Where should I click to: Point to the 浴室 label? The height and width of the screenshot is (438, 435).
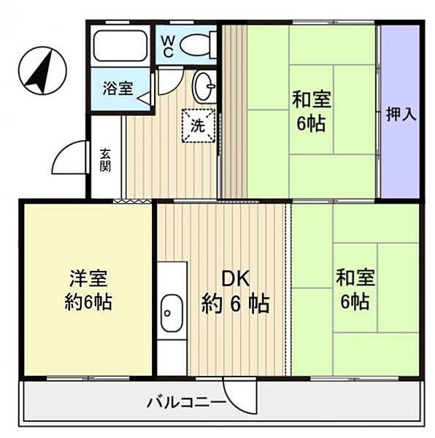117,89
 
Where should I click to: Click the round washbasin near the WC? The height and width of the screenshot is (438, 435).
204,87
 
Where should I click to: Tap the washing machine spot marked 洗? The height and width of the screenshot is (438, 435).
199,124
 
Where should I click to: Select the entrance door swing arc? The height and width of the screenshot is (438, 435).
69,155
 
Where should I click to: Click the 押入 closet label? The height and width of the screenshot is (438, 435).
400,115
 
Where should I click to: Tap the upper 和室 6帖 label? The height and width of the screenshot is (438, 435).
311,109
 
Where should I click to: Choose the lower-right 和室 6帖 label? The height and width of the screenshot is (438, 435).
355,289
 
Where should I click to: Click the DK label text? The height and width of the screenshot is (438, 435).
236,278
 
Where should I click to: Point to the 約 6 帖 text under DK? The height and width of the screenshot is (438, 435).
235,302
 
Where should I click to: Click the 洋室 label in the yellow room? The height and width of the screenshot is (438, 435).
88,278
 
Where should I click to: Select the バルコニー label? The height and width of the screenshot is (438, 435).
185,401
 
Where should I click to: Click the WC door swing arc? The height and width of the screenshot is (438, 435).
167,80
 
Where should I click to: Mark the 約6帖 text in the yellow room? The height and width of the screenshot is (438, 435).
88,301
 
